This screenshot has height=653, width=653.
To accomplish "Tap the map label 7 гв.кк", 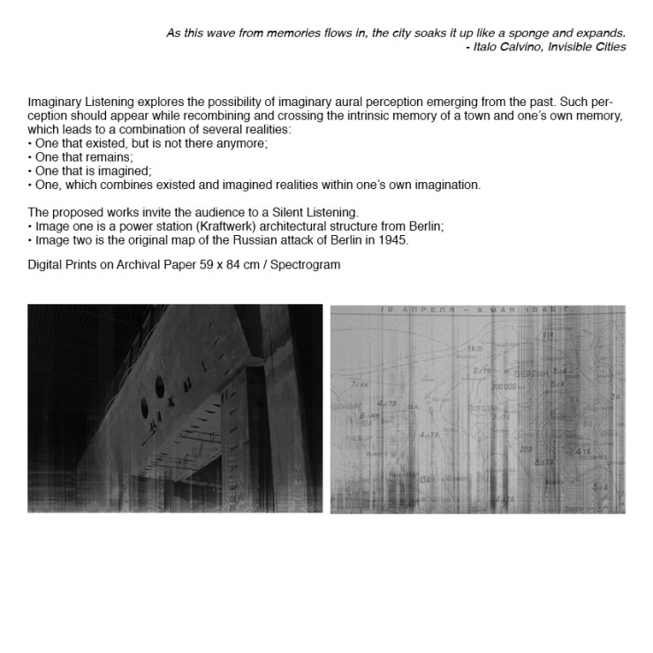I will coord(360,386).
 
